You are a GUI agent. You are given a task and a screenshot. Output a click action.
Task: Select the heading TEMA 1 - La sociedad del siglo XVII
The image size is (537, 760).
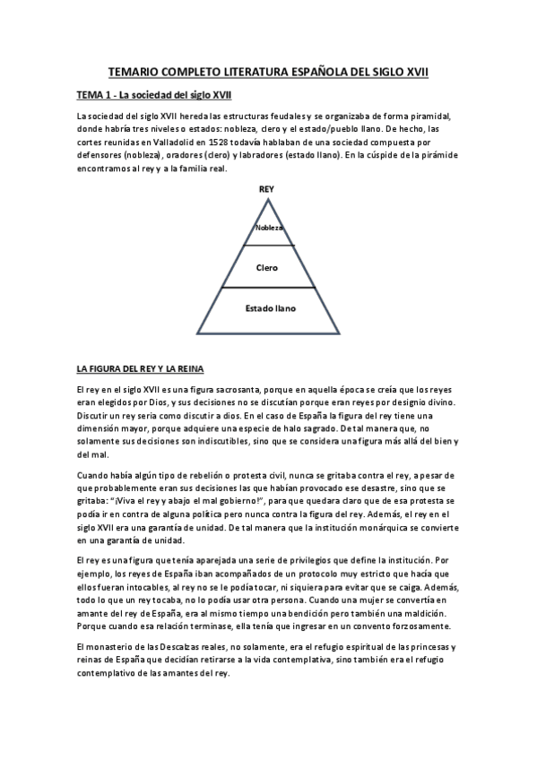pos(154,95)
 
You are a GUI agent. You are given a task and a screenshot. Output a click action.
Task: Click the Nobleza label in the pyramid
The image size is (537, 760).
pos(269,228)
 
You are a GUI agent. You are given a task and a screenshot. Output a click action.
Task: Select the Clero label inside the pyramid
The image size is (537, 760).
pos(266,267)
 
